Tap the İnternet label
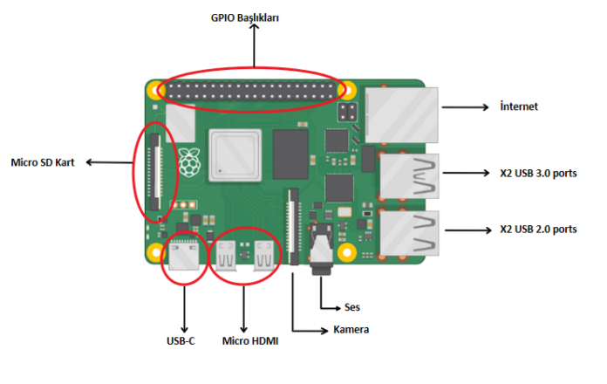(x=519, y=107)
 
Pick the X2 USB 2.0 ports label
(x=538, y=230)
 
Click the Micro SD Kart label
(x=41, y=162)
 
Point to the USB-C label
(x=181, y=340)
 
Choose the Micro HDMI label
(x=249, y=340)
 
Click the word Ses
(x=352, y=307)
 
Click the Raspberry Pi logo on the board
(x=189, y=160)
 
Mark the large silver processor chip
(x=235, y=154)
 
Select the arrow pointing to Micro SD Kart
(x=109, y=162)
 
